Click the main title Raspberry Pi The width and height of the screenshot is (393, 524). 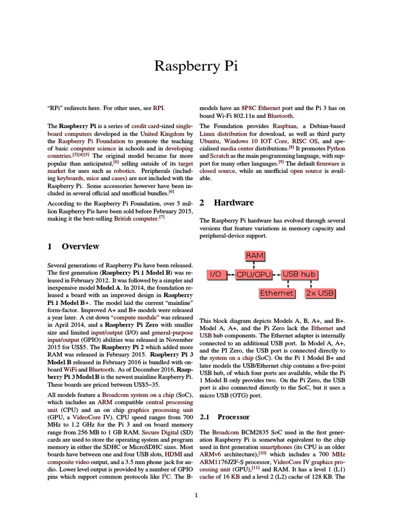click(196, 67)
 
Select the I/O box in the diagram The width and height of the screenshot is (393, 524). click(215, 275)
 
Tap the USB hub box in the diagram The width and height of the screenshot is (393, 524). click(299, 275)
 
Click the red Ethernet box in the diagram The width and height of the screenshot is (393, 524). click(277, 293)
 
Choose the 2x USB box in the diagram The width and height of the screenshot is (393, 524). click(319, 293)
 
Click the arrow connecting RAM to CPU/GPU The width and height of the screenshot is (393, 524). click(254, 265)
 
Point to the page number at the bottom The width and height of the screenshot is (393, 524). click(196, 495)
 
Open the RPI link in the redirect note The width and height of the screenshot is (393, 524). click(159, 108)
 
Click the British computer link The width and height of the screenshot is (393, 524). click(134, 219)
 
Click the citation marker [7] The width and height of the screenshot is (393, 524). click(162, 217)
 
